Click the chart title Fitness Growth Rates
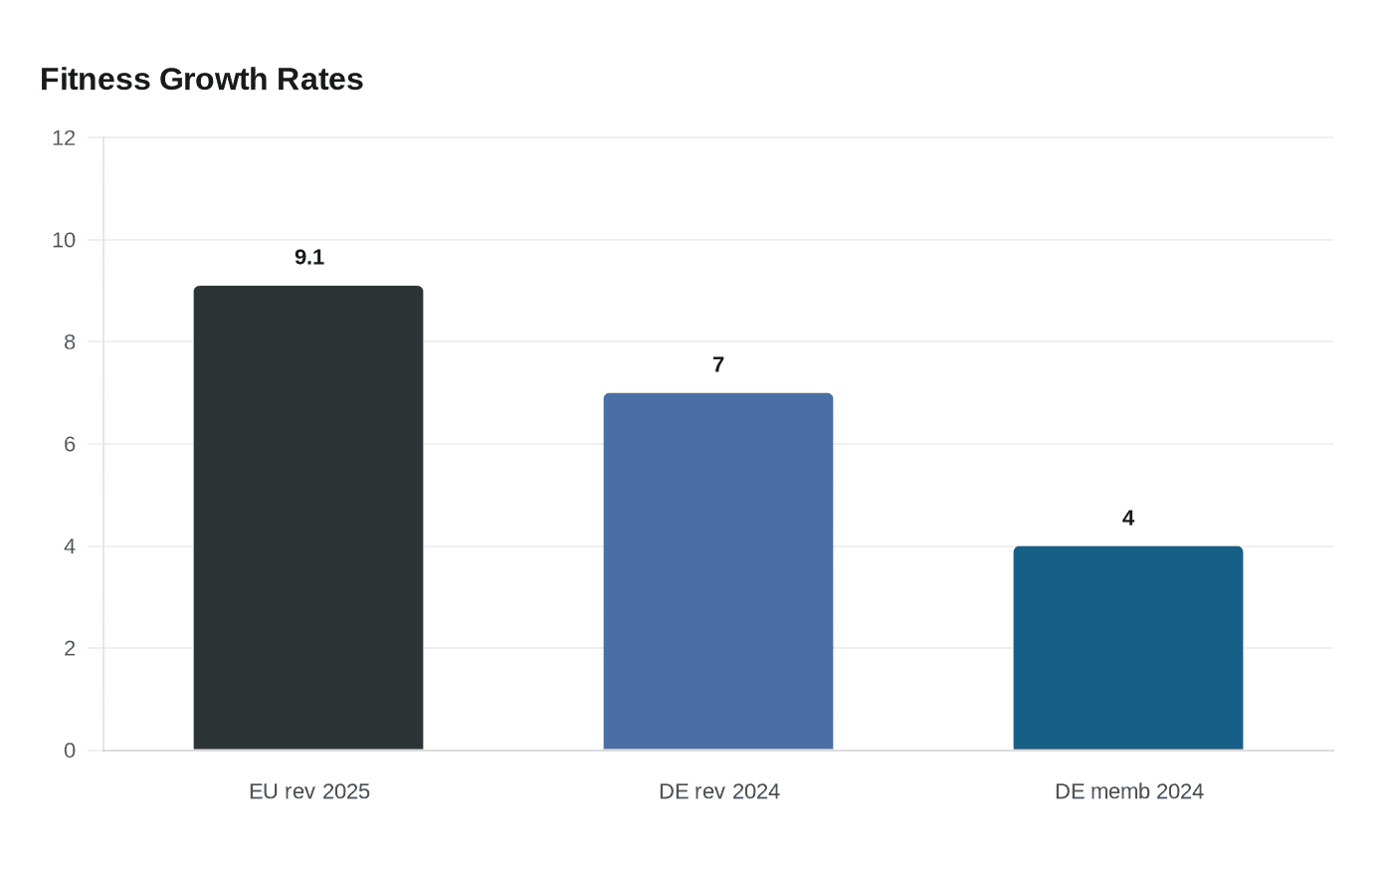(x=201, y=80)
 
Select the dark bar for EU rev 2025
(x=308, y=518)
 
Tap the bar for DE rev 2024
(x=718, y=571)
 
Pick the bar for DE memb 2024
(x=1128, y=648)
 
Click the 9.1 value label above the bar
(x=309, y=258)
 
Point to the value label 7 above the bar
(x=718, y=365)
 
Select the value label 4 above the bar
(x=1128, y=519)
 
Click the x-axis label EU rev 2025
(x=309, y=791)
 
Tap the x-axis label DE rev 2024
(x=719, y=791)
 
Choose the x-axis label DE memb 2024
(x=1129, y=791)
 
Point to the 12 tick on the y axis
(x=64, y=138)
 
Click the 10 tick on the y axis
(x=64, y=240)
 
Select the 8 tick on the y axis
(x=70, y=342)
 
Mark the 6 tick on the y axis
(x=70, y=444)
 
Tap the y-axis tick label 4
(x=70, y=547)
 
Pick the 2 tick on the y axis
(x=70, y=648)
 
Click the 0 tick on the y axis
(x=70, y=751)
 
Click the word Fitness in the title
(x=95, y=80)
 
